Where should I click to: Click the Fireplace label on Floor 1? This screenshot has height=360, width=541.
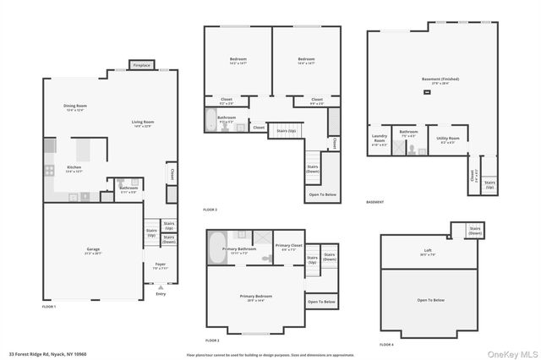pyautogui.click(x=141, y=65)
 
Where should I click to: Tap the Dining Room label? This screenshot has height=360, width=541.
pyautogui.click(x=75, y=107)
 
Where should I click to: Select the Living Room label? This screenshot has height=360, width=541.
pyautogui.click(x=143, y=123)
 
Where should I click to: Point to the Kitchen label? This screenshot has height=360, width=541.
pyautogui.click(x=74, y=168)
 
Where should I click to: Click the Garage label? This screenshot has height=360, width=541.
pyautogui.click(x=93, y=250)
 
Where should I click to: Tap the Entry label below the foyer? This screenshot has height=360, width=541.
pyautogui.click(x=161, y=294)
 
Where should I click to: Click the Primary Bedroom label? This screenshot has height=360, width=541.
pyautogui.click(x=255, y=297)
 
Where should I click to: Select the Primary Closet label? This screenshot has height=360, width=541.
pyautogui.click(x=288, y=247)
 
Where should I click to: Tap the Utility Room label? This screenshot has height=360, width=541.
pyautogui.click(x=449, y=139)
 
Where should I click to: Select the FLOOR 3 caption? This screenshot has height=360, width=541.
pyautogui.click(x=210, y=210)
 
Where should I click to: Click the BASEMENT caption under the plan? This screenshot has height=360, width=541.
pyautogui.click(x=375, y=202)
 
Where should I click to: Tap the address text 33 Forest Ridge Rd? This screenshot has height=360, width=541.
pyautogui.click(x=47, y=354)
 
